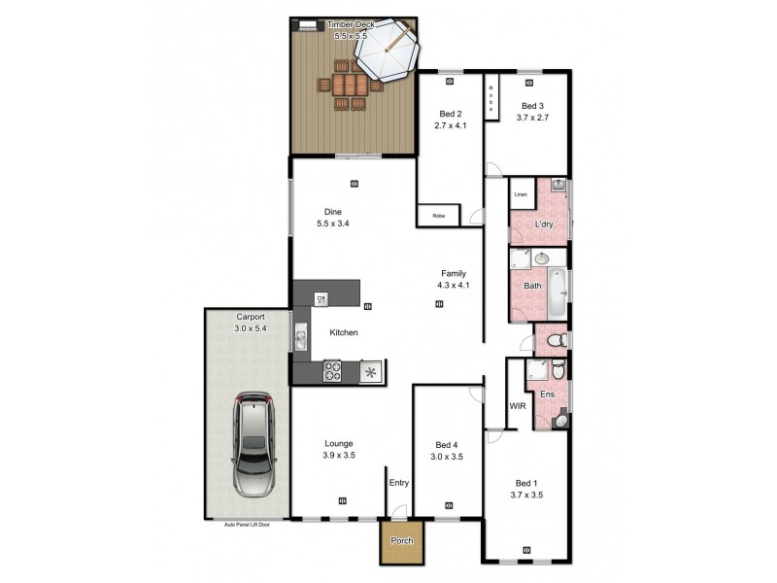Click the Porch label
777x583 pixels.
(x=401, y=541)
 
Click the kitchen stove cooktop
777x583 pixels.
(x=332, y=370)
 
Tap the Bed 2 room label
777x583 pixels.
(x=449, y=114)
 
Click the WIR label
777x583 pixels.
(x=517, y=406)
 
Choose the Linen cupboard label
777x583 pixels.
(x=521, y=195)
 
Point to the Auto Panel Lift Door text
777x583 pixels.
(x=246, y=523)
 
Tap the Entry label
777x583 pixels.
(x=399, y=482)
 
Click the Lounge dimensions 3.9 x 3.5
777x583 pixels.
(x=339, y=454)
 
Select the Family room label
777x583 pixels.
(x=454, y=274)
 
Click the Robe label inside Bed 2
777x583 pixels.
(x=438, y=215)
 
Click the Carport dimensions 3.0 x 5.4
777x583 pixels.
(x=250, y=328)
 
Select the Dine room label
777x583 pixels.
(x=333, y=212)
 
